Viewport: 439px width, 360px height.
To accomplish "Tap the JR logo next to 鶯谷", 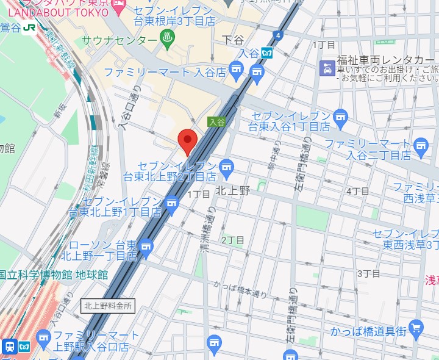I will [x=29, y=27].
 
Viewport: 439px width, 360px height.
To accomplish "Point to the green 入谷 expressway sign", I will [x=216, y=121].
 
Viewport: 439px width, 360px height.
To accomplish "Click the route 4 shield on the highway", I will [x=278, y=35].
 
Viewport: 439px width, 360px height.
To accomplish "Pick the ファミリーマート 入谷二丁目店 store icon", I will [x=420, y=145].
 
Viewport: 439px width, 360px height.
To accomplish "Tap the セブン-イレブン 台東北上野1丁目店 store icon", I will [x=173, y=202].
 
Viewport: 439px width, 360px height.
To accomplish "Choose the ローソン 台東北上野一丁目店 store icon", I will [x=145, y=246].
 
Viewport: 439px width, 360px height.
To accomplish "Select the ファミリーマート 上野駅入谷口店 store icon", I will [x=43, y=336].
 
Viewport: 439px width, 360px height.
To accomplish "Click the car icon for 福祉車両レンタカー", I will [x=327, y=68].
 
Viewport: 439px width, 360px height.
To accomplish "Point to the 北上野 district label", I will [x=232, y=190].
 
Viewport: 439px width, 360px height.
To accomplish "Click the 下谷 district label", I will [x=233, y=40].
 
